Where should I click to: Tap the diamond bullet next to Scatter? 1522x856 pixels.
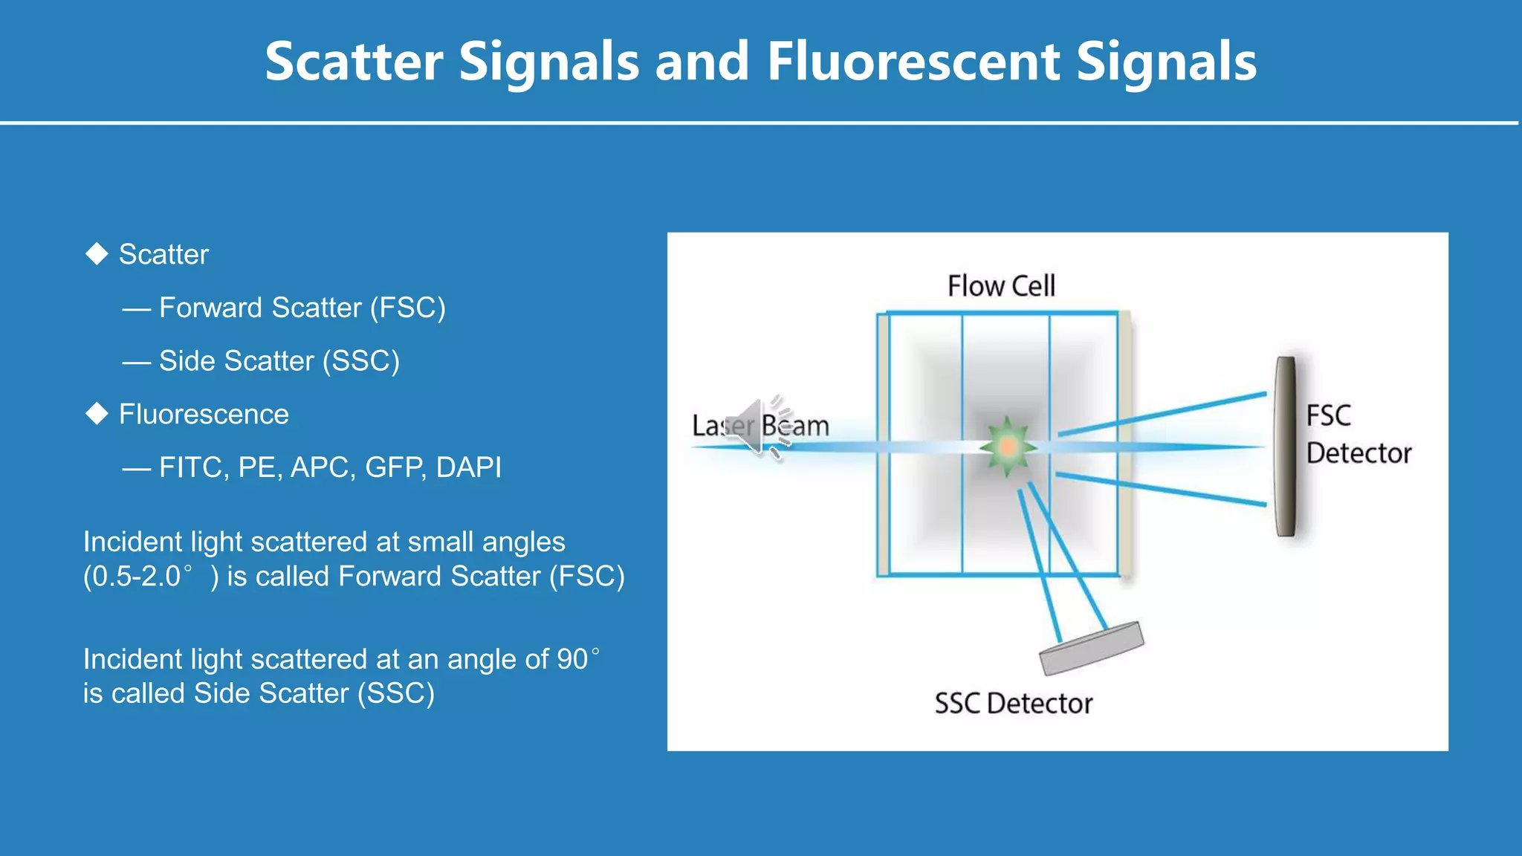pos(97,253)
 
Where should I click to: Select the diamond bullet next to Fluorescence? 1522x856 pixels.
pos(97,413)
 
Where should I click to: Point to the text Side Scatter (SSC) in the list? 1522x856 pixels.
pos(279,361)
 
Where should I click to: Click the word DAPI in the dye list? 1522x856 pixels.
pos(468,467)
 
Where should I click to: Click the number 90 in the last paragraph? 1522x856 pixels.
pos(572,660)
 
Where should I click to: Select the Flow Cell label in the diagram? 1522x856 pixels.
pos(1000,286)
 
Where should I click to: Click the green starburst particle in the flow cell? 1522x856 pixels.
pos(1008,447)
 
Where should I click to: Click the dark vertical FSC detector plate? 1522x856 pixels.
pos(1285,446)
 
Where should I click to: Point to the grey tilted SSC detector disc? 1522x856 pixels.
pos(1090,648)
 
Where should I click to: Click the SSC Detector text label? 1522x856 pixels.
pos(1013,704)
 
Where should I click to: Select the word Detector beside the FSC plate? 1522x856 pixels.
pos(1358,453)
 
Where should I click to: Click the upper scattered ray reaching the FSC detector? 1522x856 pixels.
pos(1163,415)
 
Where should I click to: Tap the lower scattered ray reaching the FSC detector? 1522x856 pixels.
pos(1163,489)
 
